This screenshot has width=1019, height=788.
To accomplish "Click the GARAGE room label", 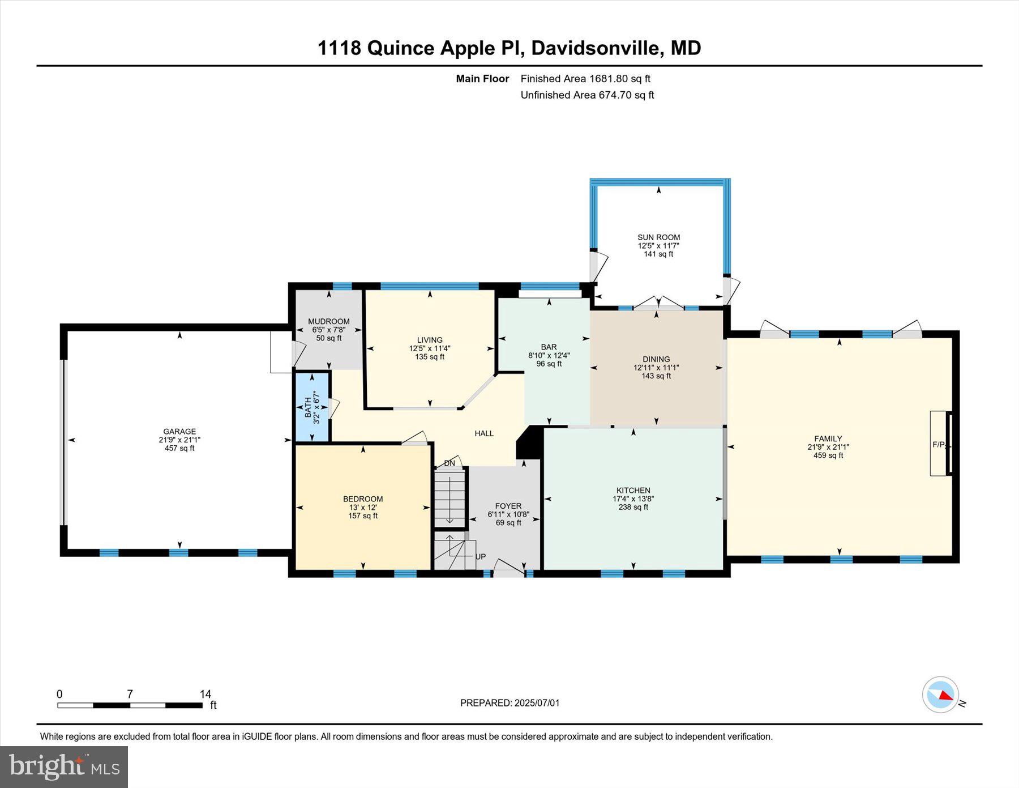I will (179, 431).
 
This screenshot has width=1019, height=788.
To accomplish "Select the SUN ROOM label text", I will (658, 237).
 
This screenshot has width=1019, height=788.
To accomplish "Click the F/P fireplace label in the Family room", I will (938, 445).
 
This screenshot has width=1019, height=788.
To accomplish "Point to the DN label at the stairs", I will (449, 463).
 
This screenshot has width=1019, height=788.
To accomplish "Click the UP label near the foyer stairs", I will (480, 557).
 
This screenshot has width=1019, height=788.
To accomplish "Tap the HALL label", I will (484, 433).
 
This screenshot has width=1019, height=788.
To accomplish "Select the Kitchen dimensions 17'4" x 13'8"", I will (633, 499).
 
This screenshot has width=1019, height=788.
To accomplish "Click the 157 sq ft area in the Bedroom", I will (363, 516).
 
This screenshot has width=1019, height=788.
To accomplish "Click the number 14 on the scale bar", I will (205, 694).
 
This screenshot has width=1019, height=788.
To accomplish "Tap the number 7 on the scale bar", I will (130, 694).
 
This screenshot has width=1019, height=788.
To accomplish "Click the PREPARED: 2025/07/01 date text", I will (509, 703).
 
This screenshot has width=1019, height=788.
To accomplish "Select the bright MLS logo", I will (64, 766).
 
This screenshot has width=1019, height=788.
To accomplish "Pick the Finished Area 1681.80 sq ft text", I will (585, 79).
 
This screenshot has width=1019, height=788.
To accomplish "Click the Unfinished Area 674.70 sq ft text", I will (587, 95).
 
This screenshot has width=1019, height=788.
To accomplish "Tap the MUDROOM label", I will (329, 321).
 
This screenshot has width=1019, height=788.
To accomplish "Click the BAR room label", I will (549, 347).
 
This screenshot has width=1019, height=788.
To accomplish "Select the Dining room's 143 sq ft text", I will (656, 376).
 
